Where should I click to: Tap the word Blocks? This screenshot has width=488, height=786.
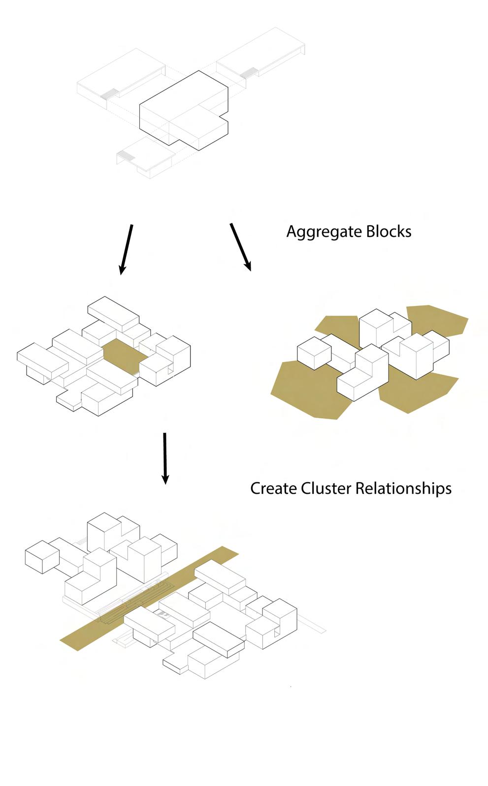point(388,231)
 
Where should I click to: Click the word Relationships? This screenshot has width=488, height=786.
point(403,488)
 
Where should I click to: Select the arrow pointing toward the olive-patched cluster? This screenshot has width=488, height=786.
point(240,247)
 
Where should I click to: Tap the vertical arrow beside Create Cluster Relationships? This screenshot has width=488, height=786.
point(165,458)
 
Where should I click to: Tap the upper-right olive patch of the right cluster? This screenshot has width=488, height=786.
point(438,320)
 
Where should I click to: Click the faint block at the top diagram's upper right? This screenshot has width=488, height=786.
point(261,54)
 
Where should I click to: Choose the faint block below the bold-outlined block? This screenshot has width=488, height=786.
point(146,156)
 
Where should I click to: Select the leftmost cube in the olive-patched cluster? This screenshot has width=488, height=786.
point(314,352)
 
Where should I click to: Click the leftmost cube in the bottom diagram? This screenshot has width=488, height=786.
point(42,557)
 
